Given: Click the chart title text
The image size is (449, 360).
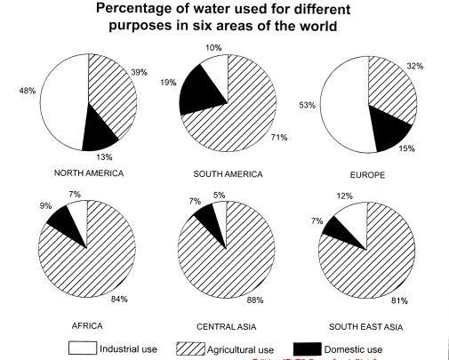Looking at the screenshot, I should click(224, 20).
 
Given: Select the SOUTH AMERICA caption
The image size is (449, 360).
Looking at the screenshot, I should click(227, 174).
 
